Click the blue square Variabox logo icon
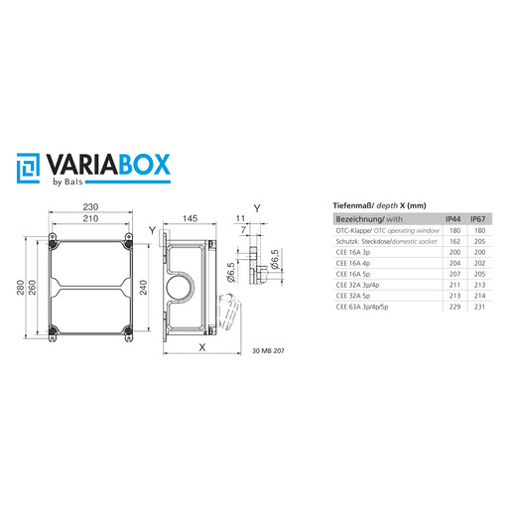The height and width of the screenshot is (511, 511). (28, 168)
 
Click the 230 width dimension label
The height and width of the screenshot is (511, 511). (90, 207)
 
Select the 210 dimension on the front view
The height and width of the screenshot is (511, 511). (90, 218)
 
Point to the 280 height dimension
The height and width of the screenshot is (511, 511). (21, 287)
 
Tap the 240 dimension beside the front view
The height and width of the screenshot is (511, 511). (143, 287)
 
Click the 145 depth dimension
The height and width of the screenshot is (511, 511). (190, 218)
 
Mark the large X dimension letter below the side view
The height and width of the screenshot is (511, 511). (202, 347)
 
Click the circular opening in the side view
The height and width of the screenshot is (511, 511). (181, 287)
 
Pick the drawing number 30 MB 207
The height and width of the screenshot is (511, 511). (268, 351)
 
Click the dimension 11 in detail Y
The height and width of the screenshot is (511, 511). (240, 218)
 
